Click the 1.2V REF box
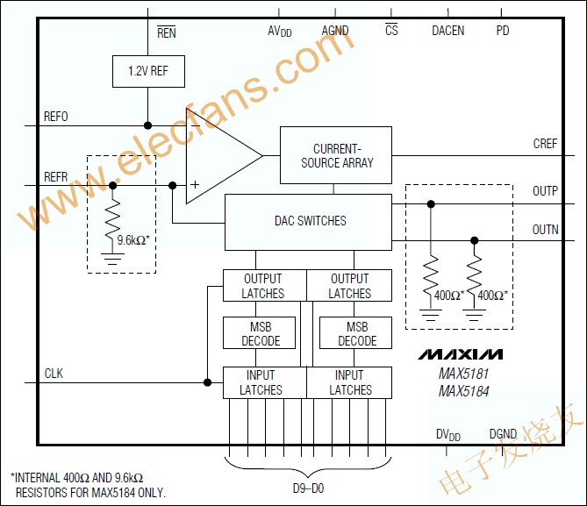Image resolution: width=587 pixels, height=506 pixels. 148,71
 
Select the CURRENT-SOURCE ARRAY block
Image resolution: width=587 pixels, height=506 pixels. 337,156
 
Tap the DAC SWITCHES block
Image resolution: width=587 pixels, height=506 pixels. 307,221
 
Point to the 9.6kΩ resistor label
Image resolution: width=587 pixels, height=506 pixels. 134,239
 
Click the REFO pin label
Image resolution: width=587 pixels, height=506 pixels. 56,117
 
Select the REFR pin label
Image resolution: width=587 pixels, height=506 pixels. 56,176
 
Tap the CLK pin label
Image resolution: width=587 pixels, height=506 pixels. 54,374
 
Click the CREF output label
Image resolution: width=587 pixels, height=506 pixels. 545,144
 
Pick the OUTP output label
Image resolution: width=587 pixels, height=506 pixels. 545,190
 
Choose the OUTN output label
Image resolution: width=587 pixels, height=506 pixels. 545,231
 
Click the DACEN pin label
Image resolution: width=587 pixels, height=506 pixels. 447,31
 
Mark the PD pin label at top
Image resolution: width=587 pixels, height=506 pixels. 502,31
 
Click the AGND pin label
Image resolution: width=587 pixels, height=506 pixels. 335,31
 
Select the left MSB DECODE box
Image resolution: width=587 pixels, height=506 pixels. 261,334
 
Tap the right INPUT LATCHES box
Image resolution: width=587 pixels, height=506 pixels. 349,382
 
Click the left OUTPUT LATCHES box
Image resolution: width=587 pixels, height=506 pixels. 263,286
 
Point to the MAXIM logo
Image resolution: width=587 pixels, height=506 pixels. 461,354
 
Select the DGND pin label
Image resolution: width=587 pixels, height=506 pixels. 503,434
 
